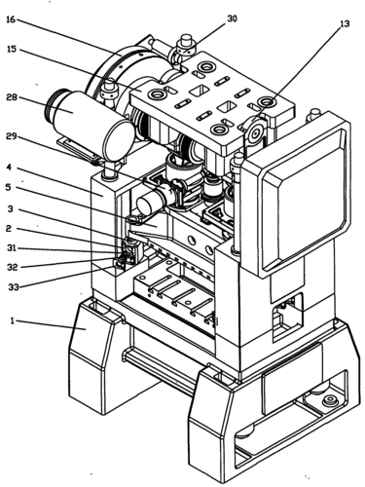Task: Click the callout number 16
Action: tap(11, 19)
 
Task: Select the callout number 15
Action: tap(12, 50)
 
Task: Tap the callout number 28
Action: tap(12, 97)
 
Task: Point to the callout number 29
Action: tap(12, 136)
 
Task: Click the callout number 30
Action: tap(232, 19)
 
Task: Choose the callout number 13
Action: tap(345, 23)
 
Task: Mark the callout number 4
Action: tap(10, 168)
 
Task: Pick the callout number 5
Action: tap(10, 187)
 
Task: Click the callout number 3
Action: tap(11, 208)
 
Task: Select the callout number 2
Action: tap(9, 229)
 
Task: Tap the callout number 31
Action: tap(12, 248)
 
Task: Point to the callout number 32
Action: tap(12, 267)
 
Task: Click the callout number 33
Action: tap(14, 287)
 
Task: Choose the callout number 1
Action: tap(13, 321)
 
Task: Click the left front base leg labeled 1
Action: tap(94, 357)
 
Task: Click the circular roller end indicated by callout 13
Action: tap(256, 133)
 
